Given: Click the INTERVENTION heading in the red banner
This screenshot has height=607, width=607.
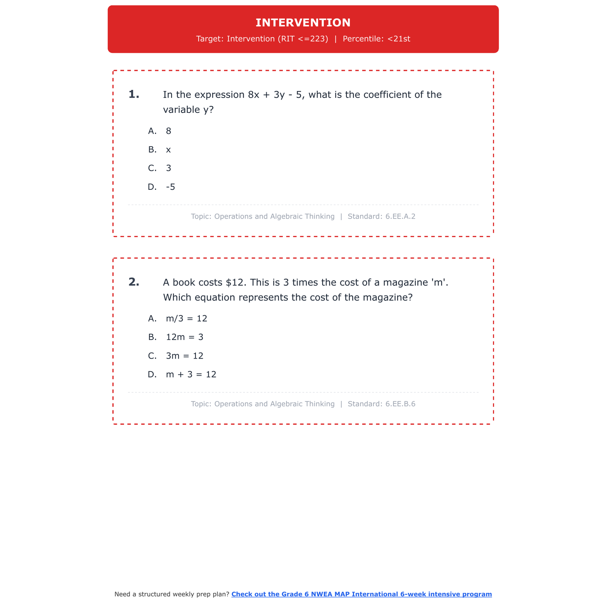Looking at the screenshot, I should tap(303, 23).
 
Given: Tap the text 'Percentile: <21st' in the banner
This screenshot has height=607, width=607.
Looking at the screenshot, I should tap(376, 39).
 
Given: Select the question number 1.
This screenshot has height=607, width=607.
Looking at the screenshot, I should tap(134, 95).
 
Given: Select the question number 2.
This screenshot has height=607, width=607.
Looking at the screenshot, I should tap(134, 282).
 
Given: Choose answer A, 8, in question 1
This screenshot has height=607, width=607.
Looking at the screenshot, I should tap(168, 131).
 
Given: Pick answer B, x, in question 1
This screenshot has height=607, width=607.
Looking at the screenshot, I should tap(168, 150).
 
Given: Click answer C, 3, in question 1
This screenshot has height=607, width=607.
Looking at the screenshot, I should tap(168, 168).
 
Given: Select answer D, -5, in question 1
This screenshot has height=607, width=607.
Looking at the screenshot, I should tap(170, 187).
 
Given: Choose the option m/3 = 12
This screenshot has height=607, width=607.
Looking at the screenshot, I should tap(187, 318).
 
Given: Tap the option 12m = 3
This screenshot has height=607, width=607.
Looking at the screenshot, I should tap(185, 337).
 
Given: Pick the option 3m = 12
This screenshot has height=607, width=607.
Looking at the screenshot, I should tap(185, 356).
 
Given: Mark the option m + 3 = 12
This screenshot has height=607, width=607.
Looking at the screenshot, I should tap(191, 375).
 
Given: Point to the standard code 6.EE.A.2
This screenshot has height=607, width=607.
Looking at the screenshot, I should tap(400, 216).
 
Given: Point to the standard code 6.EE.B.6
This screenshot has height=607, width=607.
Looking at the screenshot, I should tap(400, 404).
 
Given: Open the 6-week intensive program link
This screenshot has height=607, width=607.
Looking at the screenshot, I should tap(361, 594).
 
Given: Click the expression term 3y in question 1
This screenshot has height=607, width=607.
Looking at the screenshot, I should tap(279, 95).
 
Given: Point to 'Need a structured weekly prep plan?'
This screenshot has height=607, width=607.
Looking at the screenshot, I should tap(172, 594).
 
